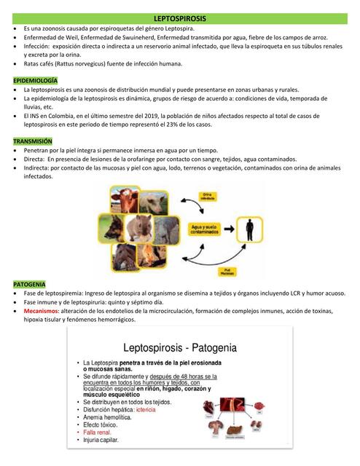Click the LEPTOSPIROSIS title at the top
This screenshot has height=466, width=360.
180,16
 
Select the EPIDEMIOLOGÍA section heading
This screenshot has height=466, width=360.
36,79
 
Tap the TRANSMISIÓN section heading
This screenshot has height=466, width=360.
33,140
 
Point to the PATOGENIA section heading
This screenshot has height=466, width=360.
29,283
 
